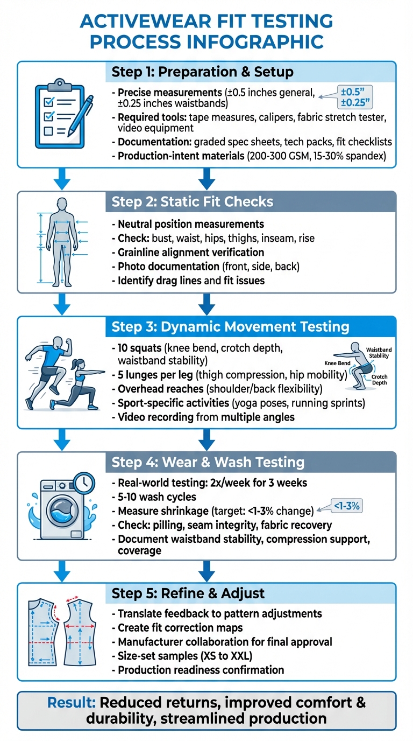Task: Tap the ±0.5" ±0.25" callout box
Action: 353,95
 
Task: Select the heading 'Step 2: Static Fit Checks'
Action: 193,202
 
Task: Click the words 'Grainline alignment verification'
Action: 191,252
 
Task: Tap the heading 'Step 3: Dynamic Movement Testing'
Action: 230,327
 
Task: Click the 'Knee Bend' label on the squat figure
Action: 337,363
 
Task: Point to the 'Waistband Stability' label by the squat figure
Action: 379,353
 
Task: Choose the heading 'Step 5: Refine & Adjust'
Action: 188,593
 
